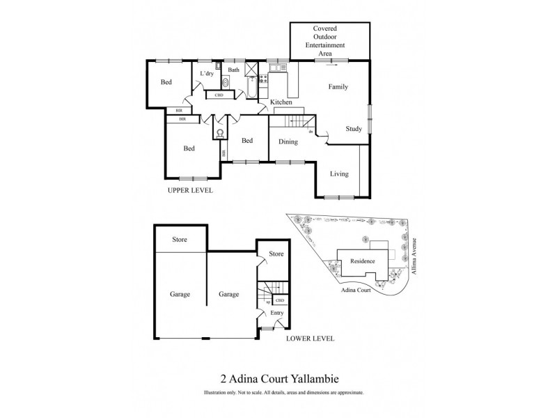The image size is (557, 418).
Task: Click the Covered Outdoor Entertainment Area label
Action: pos(330,40)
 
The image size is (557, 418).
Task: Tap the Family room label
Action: pos(338,87)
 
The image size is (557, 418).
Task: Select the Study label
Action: pos(354,129)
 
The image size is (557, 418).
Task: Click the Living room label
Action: pos(339,174)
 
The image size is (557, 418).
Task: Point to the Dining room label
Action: pos(288,142)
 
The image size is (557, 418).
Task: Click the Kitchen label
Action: pos(281,103)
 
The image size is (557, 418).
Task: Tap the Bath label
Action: pos(233,70)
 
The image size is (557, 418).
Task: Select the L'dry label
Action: pos(207,74)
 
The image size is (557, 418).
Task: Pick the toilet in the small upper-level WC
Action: pos(220,132)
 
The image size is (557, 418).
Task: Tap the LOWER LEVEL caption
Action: pos(310,339)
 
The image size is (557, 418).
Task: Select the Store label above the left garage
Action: pos(180,240)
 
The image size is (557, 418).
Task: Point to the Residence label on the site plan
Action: pos(362,261)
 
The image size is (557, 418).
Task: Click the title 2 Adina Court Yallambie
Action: pos(278,380)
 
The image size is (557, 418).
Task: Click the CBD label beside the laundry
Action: pos(219,95)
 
